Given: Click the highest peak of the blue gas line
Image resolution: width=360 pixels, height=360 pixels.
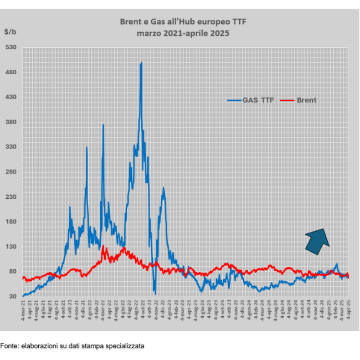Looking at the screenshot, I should click(141, 63).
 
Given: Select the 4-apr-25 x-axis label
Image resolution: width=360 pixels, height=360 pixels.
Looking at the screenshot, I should click(348, 313).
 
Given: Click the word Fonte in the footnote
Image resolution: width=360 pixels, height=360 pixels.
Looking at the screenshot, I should click(9, 346).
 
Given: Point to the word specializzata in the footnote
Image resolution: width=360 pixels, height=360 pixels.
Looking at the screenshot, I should click(125, 346).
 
